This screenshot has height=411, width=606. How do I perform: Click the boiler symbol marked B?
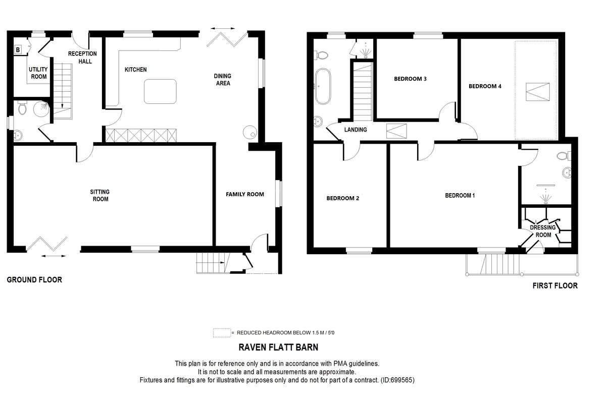[x=18, y=49]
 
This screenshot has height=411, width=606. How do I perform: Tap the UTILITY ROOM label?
[x=38, y=73]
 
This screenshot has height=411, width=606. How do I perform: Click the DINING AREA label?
[x=223, y=80]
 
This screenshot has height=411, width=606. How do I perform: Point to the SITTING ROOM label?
[x=99, y=195]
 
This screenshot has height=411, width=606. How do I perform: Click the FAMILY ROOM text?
[x=245, y=194]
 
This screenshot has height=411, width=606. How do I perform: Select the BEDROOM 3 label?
[x=410, y=79]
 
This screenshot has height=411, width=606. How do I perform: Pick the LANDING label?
[x=356, y=130]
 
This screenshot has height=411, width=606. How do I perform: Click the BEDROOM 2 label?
[x=342, y=198]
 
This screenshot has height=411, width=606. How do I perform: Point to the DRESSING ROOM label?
[x=543, y=231]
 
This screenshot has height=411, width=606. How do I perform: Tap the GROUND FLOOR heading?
[x=34, y=279]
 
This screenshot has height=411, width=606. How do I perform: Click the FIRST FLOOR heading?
[x=555, y=285]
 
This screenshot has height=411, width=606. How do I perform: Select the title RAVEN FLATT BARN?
[x=278, y=347]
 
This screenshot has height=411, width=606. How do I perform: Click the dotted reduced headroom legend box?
[x=221, y=333]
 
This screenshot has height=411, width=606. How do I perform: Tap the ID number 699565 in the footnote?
[x=402, y=380]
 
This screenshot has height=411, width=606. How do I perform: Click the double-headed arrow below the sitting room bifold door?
[x=53, y=257]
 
